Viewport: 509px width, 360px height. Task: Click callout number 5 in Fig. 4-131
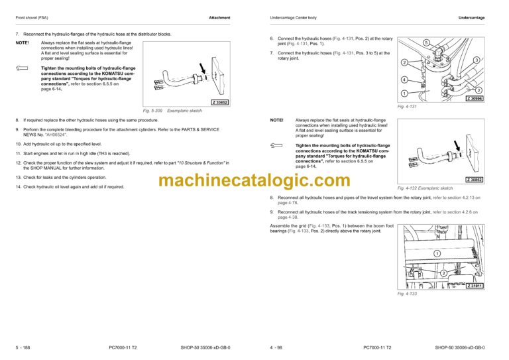click(x=425, y=42)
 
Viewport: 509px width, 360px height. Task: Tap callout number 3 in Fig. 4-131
click(x=476, y=60)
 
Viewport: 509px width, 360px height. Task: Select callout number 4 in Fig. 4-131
click(x=404, y=80)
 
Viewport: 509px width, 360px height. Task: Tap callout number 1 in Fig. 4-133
click(x=437, y=253)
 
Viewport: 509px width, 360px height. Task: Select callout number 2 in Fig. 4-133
click(x=441, y=274)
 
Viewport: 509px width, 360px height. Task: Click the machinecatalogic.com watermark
click(x=255, y=180)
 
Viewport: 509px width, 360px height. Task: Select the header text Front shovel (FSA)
click(x=32, y=17)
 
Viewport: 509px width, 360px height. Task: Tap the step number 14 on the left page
click(x=18, y=187)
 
